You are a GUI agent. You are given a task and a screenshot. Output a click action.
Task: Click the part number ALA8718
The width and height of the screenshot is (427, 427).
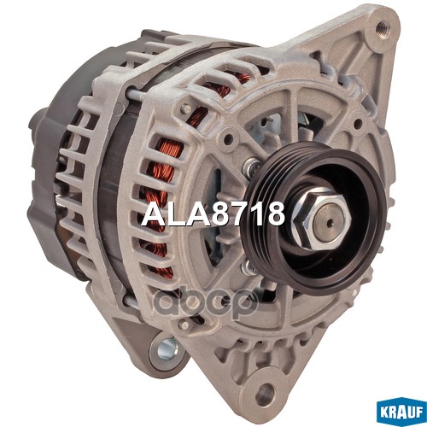pyautogui.click(x=214, y=213)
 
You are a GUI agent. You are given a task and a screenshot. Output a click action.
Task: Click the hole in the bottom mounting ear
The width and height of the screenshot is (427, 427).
pyautogui.click(x=266, y=395)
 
